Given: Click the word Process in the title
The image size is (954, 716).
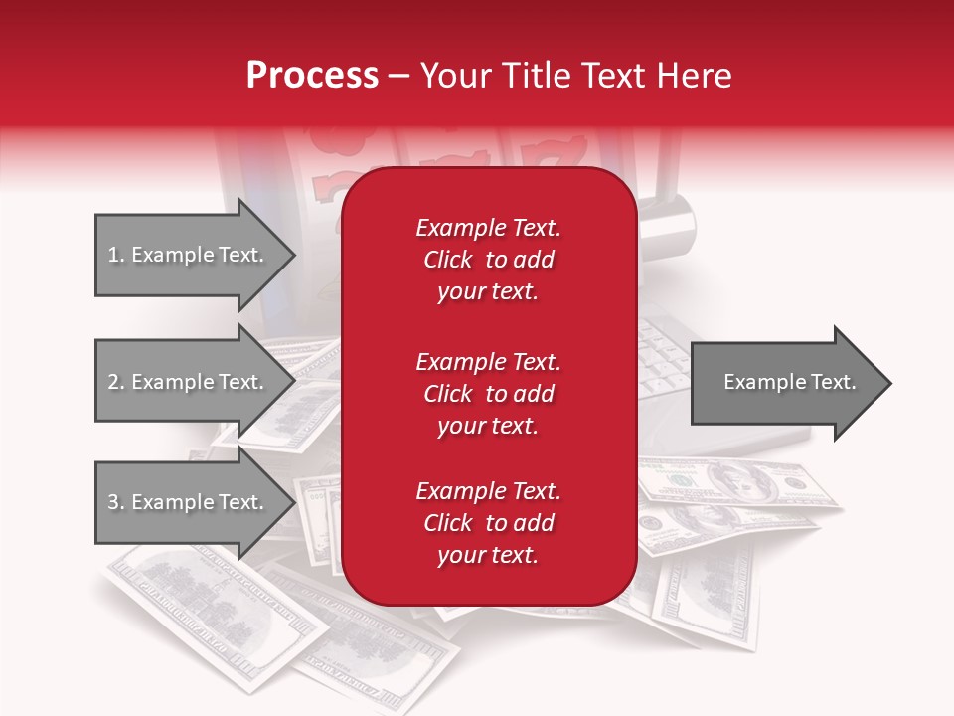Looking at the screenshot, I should pos(312,76).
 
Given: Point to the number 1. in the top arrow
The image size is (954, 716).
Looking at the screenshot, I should pos(116,256).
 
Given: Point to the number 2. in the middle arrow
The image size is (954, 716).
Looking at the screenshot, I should pos(116,382).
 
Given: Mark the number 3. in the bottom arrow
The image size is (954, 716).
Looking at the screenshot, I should pos(116,502).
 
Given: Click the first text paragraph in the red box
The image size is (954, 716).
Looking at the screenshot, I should pos(488,260).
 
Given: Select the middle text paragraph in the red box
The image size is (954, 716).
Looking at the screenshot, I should pos(488,394).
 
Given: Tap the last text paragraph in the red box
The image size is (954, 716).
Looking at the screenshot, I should pos(488,523).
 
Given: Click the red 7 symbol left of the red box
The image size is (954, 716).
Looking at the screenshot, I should pos(328,184).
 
